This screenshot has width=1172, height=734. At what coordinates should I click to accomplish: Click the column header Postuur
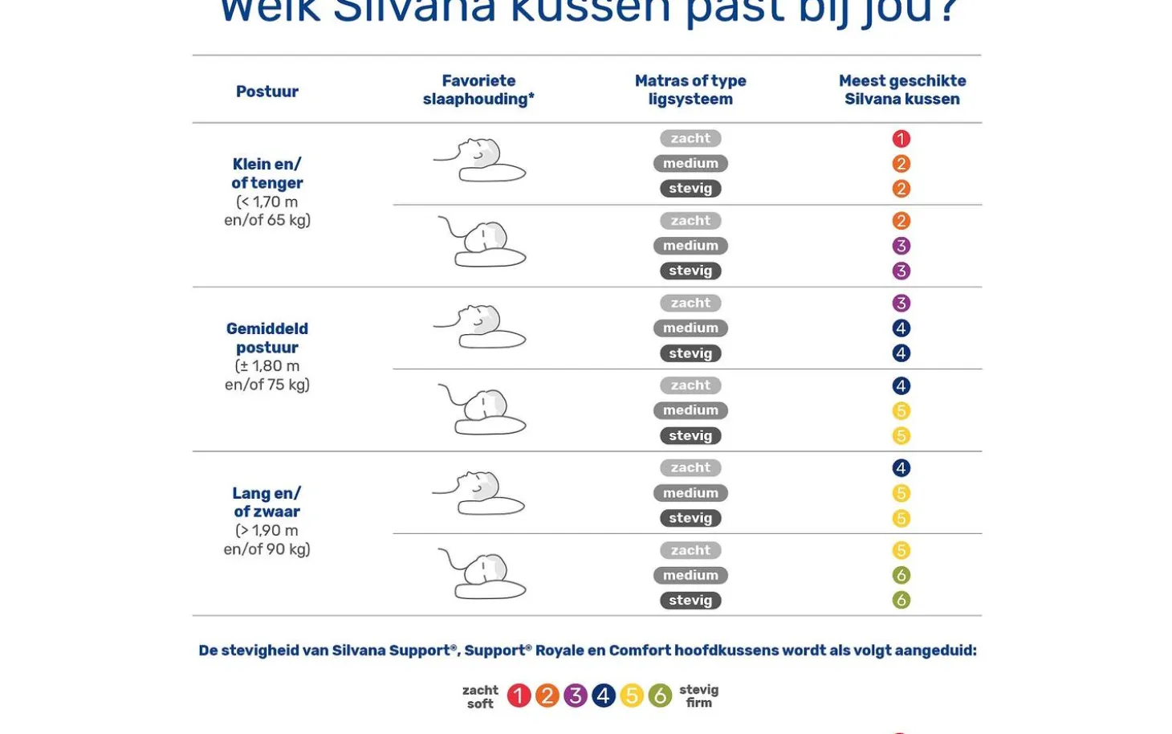267,92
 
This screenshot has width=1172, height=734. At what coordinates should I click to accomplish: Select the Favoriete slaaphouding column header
478,90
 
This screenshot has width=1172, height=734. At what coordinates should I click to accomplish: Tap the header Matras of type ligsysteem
690,90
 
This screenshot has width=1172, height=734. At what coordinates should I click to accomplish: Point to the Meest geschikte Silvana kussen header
901,90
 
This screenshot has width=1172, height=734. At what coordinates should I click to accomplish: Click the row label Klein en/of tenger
267,173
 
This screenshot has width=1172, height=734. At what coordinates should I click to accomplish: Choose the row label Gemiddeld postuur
267,338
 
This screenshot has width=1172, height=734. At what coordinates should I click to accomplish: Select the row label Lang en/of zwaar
267,503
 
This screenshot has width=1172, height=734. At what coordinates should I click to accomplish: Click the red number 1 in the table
901,139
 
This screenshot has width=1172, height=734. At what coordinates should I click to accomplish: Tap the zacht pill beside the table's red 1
690,139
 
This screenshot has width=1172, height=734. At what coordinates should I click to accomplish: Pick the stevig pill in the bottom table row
690,601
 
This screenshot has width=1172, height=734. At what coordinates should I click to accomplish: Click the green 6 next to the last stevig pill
901,601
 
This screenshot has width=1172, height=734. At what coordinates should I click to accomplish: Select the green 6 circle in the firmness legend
660,695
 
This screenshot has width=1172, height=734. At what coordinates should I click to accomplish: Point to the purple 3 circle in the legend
575,695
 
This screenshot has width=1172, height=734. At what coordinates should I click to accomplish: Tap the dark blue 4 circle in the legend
604,695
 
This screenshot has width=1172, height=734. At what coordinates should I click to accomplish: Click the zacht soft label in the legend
480,697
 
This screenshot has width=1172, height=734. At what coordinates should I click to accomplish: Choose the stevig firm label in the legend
698,696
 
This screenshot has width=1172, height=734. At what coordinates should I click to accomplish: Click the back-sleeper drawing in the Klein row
479,161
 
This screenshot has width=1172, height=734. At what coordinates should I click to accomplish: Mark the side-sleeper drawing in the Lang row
482,574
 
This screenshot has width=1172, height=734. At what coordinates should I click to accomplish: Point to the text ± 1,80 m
267,366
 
